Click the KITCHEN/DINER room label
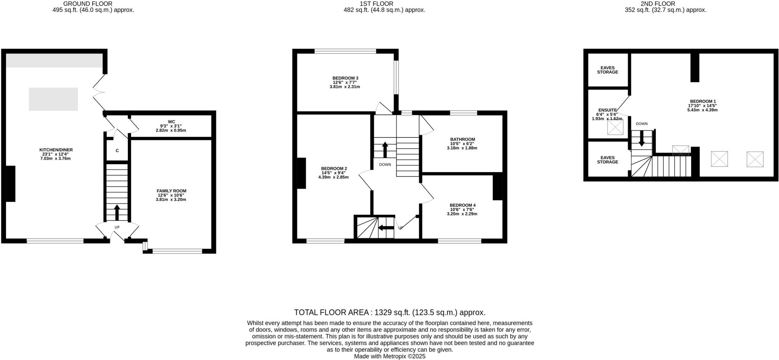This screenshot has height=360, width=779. coord(56,150)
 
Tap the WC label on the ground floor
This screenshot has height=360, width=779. coord(171,122)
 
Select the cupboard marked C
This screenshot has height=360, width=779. coord(117,151)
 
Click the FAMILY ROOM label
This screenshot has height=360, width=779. coord(171,191)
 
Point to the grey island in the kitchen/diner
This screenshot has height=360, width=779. coord(53,99)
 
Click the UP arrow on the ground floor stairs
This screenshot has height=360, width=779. coord(117,213)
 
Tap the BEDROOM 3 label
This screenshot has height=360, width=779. coord(345,78)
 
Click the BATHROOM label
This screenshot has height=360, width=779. coord(462,139)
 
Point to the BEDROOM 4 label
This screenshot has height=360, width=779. coord(462,205)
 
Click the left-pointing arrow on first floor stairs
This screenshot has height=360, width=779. coord(386,228)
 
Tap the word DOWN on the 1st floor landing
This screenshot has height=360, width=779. coord(385,165)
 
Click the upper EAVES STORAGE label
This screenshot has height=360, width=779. coord(607,70)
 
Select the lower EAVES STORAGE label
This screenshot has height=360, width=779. coord(607,160)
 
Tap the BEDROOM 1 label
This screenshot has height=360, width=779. coord(702,101)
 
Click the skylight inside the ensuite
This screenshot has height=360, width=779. coord(615,127)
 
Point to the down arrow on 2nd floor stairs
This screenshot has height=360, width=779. coord(642,138)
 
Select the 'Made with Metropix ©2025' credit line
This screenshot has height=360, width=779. coord(389,356)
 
